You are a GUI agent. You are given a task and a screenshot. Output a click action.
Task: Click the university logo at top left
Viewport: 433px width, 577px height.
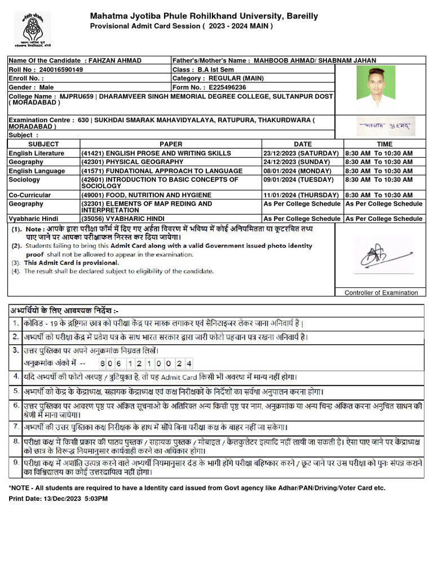pos(32,28)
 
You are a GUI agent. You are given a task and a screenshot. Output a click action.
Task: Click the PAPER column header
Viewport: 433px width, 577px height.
pos(171,144)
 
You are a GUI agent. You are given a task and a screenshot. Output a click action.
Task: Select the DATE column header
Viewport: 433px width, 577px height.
pos(302,144)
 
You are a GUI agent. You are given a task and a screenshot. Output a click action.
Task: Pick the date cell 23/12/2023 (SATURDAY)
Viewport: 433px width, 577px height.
pos(301,153)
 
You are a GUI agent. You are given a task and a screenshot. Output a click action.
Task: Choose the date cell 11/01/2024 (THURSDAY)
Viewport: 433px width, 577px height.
pos(301,195)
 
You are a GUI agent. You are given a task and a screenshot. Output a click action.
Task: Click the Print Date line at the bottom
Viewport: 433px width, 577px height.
pos(58,499)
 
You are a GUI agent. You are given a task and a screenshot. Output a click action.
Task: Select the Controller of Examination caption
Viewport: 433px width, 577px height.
pos(381,292)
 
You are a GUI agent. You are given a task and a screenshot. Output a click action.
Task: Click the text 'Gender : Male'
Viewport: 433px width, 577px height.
pos(32,87)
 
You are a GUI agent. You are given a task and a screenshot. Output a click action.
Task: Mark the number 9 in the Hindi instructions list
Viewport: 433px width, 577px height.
pos(16,463)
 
